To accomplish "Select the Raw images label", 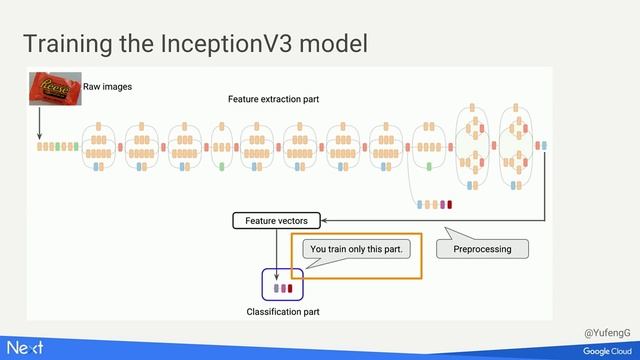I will click(x=107, y=87).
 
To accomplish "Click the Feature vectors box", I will click(x=276, y=220).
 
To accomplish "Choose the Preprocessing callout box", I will click(x=482, y=249).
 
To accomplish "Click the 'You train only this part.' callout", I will click(x=357, y=249).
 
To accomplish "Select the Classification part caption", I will click(x=283, y=312).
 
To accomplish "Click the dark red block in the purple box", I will click(x=291, y=288).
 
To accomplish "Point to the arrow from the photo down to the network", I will click(x=40, y=123).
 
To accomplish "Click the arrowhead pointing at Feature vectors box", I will click(x=325, y=220).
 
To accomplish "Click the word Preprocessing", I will click(x=482, y=249).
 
